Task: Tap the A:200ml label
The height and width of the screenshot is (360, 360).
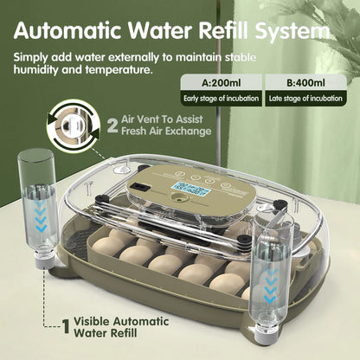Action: coord(221,84)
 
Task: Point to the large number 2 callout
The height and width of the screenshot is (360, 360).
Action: coord(112,125)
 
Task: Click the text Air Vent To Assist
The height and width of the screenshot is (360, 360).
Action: coord(162,119)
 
